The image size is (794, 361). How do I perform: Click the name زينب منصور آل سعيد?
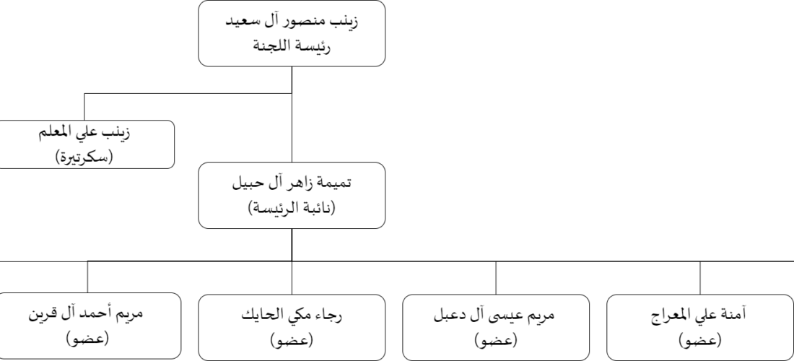[x=292, y=24]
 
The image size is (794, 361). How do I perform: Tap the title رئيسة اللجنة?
[x=292, y=48]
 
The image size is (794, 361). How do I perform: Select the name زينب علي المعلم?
[x=84, y=134]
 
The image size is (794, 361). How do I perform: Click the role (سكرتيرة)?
[x=84, y=157]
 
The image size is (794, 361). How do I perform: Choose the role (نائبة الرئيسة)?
[x=292, y=207]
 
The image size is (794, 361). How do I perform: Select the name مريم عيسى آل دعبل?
[x=496, y=315]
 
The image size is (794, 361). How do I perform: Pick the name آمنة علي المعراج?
[x=700, y=315]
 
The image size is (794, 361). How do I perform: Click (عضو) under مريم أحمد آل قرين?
[x=87, y=338]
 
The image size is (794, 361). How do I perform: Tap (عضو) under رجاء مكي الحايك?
[x=292, y=339]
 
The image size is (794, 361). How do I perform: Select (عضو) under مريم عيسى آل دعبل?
[x=496, y=340]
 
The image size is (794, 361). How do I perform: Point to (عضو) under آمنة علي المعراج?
[x=700, y=340]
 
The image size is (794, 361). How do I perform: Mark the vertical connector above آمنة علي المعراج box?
[x=700, y=278]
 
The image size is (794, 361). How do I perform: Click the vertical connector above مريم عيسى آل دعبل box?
[x=496, y=278]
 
